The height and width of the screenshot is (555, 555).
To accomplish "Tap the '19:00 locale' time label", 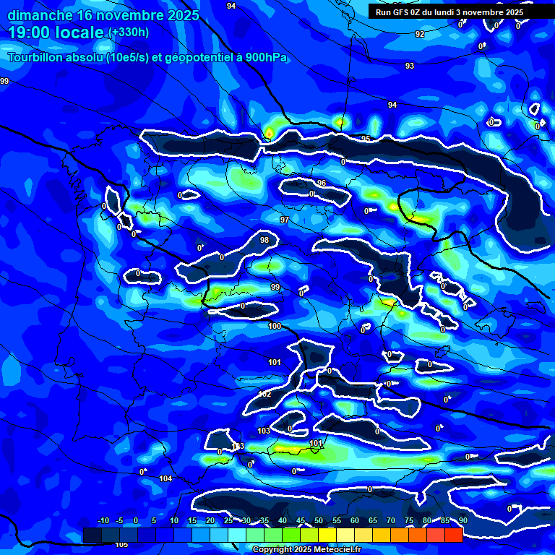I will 56,33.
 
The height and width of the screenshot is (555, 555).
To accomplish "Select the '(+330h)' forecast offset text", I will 129,33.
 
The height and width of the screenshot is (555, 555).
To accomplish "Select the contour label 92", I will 420,34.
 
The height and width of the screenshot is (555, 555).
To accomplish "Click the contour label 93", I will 410,66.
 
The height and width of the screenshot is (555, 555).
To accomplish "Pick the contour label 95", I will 366,139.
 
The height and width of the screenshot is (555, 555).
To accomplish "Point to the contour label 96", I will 322,183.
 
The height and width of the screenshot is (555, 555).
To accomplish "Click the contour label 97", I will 285,220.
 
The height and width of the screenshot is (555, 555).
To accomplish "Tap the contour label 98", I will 264,240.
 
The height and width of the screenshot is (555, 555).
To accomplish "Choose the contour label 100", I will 275,327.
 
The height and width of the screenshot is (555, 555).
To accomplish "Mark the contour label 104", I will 166,479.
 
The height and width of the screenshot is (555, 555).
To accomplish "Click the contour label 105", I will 121,544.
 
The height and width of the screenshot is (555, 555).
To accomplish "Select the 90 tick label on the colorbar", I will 462,520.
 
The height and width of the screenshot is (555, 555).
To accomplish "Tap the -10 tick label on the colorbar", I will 103,520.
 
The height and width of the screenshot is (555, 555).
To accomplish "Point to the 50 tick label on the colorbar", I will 319,520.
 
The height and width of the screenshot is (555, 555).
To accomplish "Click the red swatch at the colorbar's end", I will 453,535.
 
